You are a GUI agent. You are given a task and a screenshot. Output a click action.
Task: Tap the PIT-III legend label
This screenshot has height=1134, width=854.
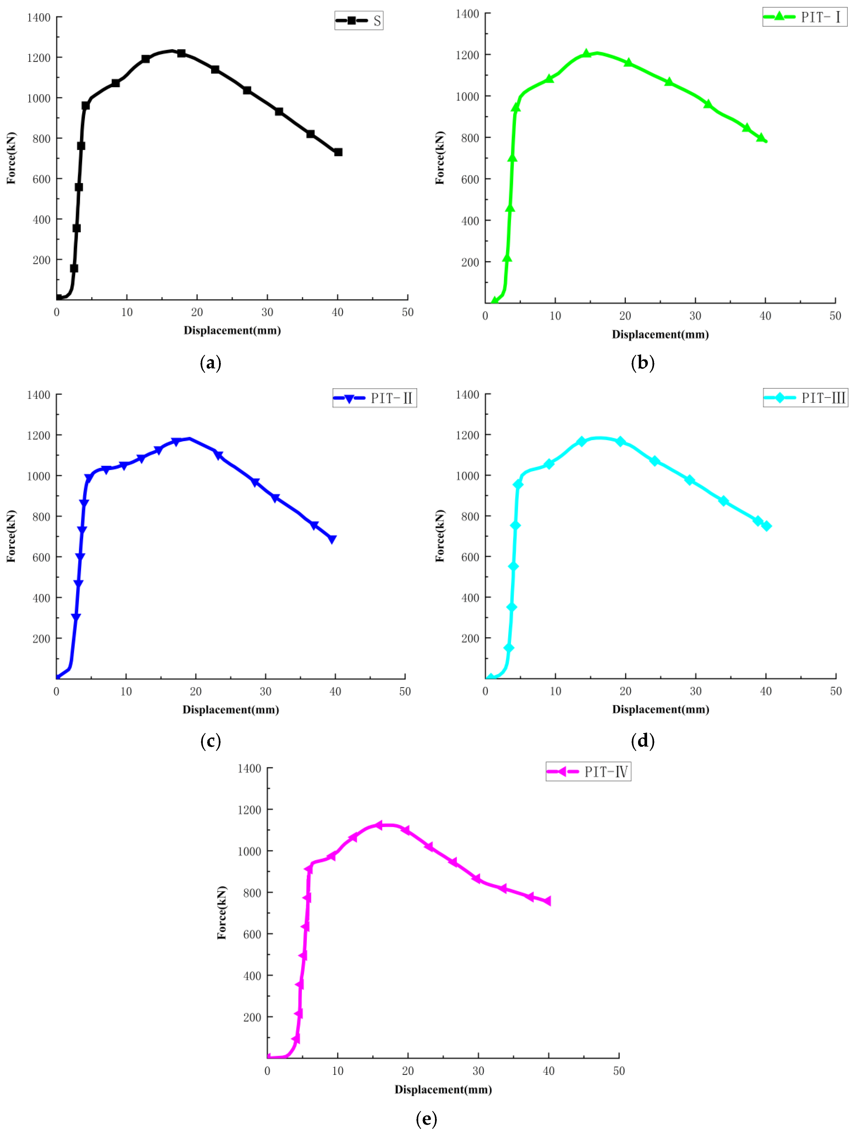(805, 398)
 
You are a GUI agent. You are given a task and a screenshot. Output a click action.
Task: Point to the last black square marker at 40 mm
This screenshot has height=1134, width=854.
(338, 152)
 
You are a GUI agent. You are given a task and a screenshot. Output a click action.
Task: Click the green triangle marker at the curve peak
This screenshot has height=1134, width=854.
(586, 53)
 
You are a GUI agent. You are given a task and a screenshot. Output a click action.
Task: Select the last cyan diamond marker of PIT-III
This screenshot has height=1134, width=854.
(766, 526)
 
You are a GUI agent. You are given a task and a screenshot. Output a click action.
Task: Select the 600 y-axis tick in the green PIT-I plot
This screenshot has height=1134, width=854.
(470, 179)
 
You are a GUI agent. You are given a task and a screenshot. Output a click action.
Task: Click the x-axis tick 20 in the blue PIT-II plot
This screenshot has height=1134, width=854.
(196, 692)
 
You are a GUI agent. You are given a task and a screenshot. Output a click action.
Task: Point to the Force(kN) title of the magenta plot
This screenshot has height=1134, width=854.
(222, 913)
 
